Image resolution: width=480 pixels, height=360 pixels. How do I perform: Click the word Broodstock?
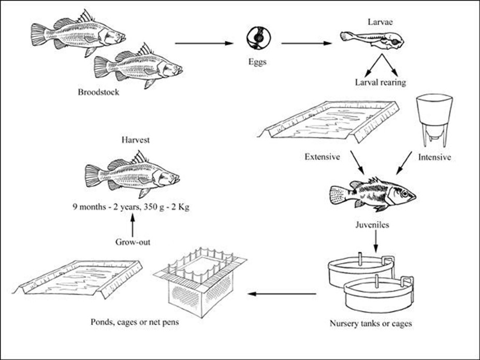point(98,93)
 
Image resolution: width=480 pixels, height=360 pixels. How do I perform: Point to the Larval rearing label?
point(380,82)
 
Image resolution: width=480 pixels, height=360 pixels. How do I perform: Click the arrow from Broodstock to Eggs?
point(204,44)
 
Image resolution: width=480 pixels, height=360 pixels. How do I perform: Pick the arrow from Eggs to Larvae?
point(306,44)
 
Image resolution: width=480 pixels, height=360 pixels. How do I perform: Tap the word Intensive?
point(434,156)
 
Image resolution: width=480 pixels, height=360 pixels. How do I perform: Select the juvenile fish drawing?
point(372,194)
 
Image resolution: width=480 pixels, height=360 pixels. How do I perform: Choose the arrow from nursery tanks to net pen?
point(282,294)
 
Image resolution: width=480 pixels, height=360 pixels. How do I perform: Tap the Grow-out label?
point(133,241)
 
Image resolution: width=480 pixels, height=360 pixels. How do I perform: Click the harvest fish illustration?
point(133,174)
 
